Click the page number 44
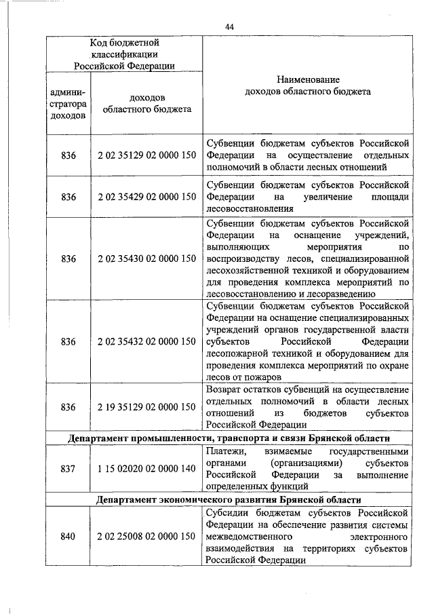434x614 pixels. (229, 26)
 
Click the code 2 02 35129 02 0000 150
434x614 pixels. (146, 155)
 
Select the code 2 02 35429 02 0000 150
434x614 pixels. (146, 197)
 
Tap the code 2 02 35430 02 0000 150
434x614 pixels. (146, 258)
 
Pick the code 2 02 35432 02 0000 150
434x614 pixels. (146, 341)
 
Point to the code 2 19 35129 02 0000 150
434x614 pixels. (146, 406)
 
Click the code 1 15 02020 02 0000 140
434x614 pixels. (146, 468)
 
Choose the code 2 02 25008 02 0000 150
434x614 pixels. (146, 537)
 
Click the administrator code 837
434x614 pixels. (68, 468)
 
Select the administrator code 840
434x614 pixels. (68, 537)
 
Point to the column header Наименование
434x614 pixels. (307, 79)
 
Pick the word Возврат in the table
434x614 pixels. (224, 389)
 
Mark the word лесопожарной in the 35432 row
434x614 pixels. (238, 353)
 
